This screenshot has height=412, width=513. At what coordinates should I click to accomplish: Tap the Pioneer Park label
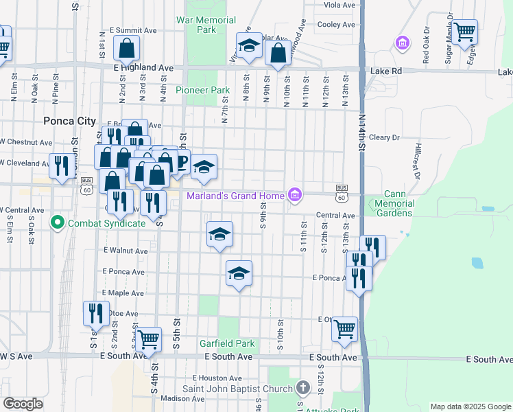click(x=202, y=90)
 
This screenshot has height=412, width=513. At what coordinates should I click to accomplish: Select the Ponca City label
click(x=69, y=121)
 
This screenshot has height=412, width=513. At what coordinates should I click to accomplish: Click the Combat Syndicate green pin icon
click(x=57, y=222)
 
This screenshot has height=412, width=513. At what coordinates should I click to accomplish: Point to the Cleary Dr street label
click(x=384, y=137)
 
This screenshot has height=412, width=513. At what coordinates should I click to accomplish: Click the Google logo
click(x=23, y=404)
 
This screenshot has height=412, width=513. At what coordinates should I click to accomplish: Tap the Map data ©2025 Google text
click(x=470, y=407)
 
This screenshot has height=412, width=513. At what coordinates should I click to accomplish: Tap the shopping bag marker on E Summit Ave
click(x=127, y=48)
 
